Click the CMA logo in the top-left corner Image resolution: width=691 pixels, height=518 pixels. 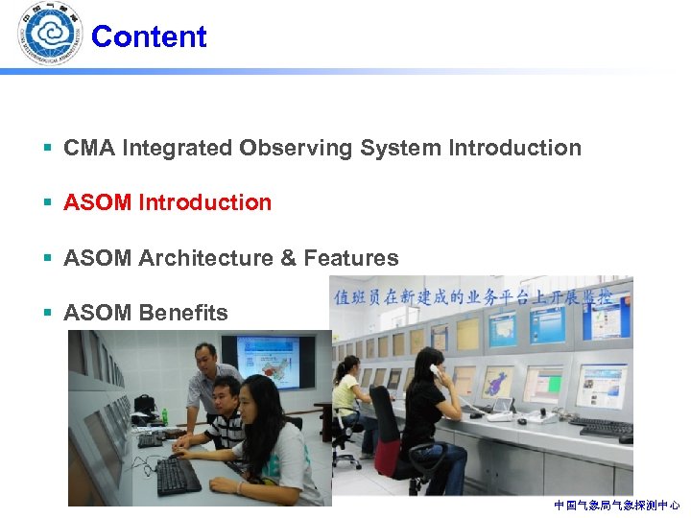click(x=50, y=35)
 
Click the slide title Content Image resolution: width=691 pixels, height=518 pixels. click(x=149, y=36)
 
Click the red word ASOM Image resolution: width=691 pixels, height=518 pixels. click(x=98, y=202)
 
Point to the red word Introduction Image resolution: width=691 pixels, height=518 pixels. click(x=205, y=202)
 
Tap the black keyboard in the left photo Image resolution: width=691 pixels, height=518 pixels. click(x=179, y=475)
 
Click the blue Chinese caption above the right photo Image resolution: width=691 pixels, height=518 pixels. click(x=480, y=295)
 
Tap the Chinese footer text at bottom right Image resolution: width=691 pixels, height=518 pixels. click(x=616, y=505)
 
